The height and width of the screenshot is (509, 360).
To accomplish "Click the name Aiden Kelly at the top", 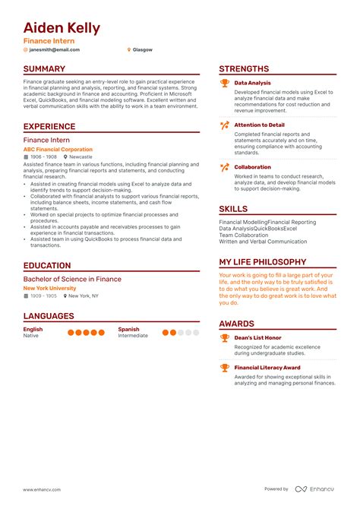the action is [x=62, y=28].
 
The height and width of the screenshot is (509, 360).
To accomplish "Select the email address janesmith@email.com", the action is [x=53, y=49].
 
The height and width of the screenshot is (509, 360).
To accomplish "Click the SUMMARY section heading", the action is [x=44, y=69].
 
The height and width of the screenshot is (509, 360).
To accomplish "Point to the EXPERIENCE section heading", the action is [x=49, y=127].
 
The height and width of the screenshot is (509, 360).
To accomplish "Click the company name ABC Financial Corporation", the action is [x=58, y=150].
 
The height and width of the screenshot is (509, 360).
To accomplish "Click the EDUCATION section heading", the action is [x=47, y=266].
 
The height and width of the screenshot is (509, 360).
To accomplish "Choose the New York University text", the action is [x=49, y=289].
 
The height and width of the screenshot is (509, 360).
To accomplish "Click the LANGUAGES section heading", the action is [x=49, y=316].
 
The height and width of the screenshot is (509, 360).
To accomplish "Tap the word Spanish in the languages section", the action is [x=128, y=330].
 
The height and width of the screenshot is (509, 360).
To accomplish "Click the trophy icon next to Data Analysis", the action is [x=225, y=83].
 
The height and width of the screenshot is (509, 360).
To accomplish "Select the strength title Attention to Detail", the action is [x=259, y=125].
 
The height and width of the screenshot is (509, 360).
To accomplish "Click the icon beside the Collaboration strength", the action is [x=225, y=167].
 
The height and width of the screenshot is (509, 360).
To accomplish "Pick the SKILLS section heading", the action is [x=233, y=208].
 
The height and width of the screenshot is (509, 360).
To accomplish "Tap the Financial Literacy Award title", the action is [x=267, y=368].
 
